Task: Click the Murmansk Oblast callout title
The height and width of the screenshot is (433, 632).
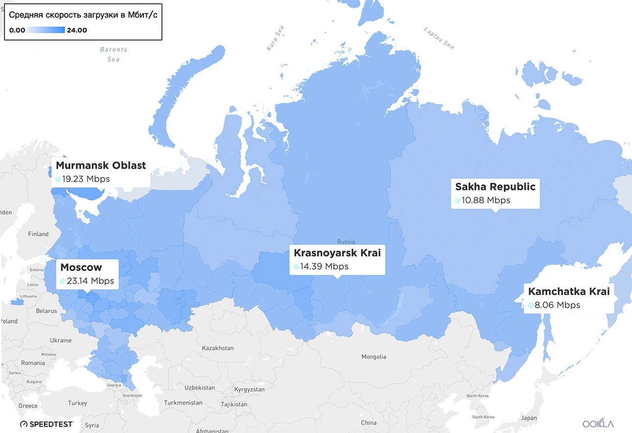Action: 101,165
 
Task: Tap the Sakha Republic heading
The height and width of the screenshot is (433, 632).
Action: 495,186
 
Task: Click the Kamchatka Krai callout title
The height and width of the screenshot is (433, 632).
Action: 569,292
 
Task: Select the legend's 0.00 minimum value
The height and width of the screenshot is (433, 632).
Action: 17,30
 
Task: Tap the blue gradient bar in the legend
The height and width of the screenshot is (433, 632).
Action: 46,30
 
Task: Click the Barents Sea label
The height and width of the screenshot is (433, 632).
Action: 113,54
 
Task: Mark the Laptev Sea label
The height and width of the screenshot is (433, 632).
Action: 439,38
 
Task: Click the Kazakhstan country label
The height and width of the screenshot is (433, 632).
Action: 217,348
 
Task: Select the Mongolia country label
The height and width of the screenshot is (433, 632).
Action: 373,357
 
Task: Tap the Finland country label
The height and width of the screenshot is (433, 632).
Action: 38,234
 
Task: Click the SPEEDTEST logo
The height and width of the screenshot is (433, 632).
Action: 47,424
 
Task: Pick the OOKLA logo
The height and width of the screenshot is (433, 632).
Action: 598,424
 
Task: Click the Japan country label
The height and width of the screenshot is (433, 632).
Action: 529,418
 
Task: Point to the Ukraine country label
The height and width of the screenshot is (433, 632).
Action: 60,341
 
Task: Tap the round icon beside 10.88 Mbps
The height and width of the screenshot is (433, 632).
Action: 458,201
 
